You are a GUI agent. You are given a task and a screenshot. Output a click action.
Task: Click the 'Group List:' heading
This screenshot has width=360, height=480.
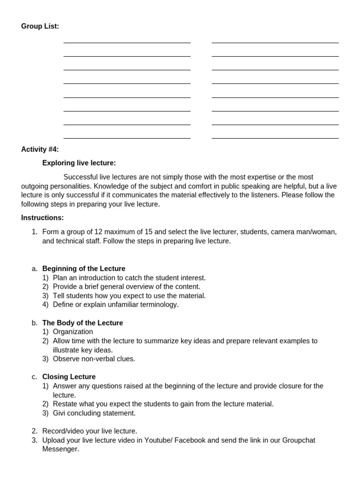(x=40, y=26)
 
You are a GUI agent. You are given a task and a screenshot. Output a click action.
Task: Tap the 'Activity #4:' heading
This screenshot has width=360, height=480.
(x=40, y=150)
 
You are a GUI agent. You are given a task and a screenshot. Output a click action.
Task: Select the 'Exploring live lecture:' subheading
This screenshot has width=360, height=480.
(x=79, y=163)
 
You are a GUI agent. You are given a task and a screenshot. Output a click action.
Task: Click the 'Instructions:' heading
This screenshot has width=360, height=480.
(x=42, y=217)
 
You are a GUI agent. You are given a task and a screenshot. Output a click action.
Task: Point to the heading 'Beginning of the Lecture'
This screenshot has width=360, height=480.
(x=83, y=269)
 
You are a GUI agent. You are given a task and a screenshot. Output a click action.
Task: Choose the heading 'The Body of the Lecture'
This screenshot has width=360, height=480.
(x=82, y=323)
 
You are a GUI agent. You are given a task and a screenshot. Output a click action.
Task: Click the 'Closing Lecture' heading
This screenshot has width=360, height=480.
(x=69, y=377)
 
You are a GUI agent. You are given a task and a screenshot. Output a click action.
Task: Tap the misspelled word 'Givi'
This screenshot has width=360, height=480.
(x=60, y=413)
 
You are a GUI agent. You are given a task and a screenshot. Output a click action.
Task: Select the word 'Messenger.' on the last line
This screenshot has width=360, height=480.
(x=60, y=449)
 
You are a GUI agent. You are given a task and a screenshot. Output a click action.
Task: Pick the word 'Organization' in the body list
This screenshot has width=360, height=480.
(x=73, y=332)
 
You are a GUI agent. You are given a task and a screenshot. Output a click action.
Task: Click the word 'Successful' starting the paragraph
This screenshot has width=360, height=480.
(x=81, y=177)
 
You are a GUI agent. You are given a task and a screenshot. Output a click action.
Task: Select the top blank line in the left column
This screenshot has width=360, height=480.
(x=127, y=43)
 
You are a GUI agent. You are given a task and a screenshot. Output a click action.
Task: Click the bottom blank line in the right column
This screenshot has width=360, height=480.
(x=275, y=138)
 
